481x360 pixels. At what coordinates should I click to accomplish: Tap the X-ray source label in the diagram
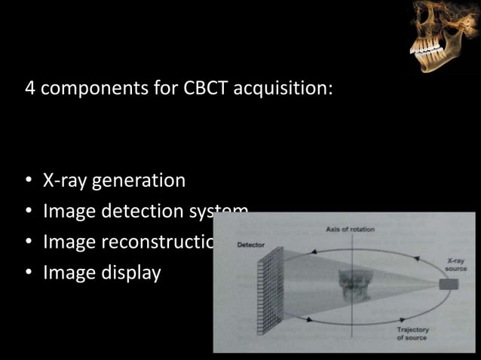click(456, 264)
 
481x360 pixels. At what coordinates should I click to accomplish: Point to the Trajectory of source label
click(412, 334)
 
